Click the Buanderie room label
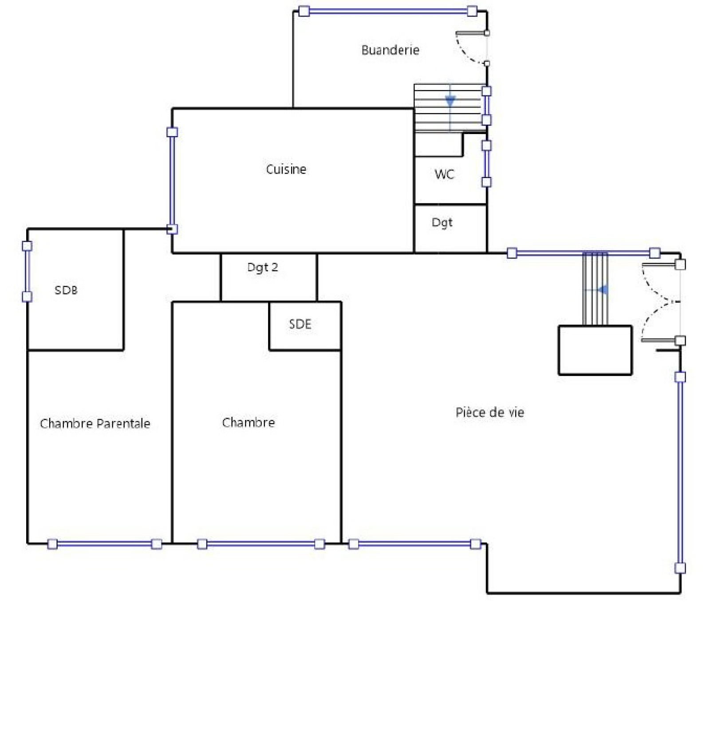pyautogui.click(x=390, y=50)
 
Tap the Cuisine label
pyautogui.click(x=286, y=169)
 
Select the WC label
pyautogui.click(x=444, y=174)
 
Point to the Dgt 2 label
pyautogui.click(x=263, y=267)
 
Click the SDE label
pyautogui.click(x=300, y=324)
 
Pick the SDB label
pyautogui.click(x=66, y=290)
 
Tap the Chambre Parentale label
pyautogui.click(x=95, y=424)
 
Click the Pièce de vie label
pyautogui.click(x=490, y=412)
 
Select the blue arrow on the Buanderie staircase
pyautogui.click(x=450, y=101)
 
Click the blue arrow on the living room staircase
pyautogui.click(x=602, y=290)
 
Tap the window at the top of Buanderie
pyautogui.click(x=388, y=11)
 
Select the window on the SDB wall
pyautogui.click(x=27, y=271)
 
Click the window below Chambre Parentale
pyautogui.click(x=104, y=544)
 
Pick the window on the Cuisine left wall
pyautogui.click(x=172, y=181)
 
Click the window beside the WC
pyautogui.click(x=487, y=163)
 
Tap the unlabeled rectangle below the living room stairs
pyautogui.click(x=595, y=350)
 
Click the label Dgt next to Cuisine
pyautogui.click(x=442, y=223)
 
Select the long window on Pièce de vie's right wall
pyautogui.click(x=680, y=472)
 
